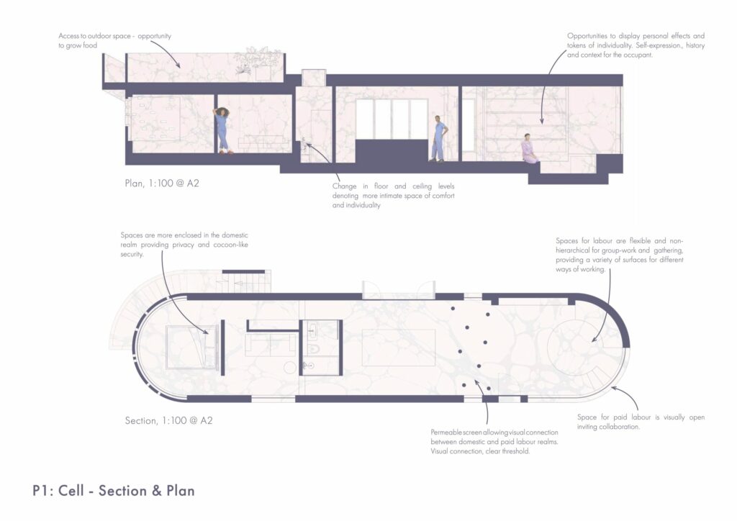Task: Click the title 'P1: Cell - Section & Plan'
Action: [x=113, y=491]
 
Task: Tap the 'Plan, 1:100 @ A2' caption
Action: [x=162, y=184]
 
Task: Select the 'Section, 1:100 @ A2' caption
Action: [x=168, y=420]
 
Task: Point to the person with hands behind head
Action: [x=222, y=130]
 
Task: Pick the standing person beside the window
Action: [x=439, y=139]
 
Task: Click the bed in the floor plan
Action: [x=191, y=347]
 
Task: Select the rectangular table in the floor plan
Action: [x=399, y=347]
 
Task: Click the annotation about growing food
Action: [x=114, y=40]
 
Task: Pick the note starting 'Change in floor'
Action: [x=394, y=196]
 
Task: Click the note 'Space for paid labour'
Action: [x=641, y=422]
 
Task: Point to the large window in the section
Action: [x=392, y=119]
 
